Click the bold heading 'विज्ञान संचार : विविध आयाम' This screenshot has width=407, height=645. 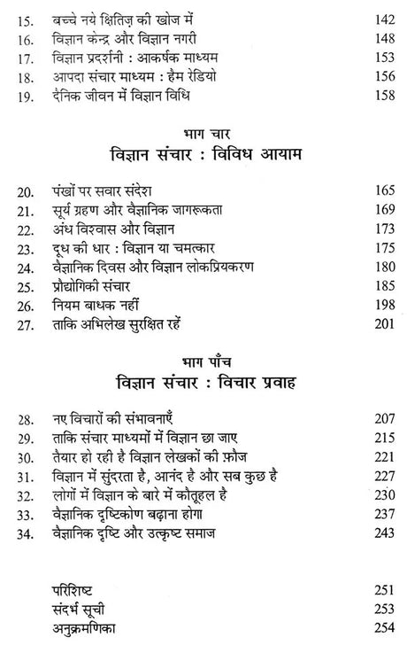tap(203, 156)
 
